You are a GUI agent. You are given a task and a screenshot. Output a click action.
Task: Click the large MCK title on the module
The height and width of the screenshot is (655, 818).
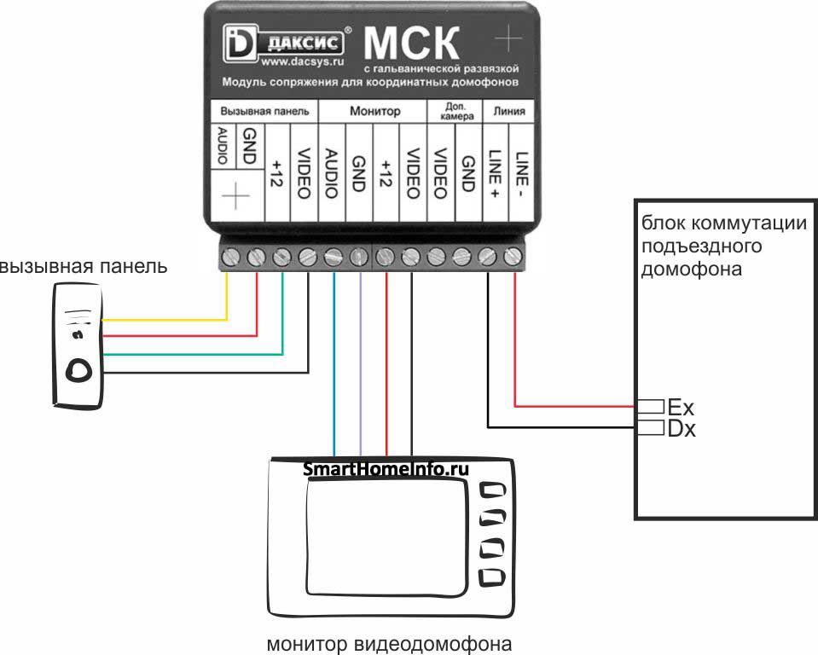(411, 43)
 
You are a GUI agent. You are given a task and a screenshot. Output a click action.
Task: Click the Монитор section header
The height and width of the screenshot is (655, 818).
(374, 112)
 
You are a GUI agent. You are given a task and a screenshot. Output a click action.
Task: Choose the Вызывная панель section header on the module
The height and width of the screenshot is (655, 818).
(264, 112)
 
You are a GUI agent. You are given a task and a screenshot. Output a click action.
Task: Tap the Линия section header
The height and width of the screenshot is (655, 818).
(509, 112)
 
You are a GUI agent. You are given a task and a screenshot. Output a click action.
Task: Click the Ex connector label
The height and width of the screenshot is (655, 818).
(682, 407)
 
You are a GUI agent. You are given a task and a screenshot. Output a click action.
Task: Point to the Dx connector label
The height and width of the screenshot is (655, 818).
(682, 428)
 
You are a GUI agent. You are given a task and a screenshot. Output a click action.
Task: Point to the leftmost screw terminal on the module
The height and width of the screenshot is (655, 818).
(229, 255)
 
